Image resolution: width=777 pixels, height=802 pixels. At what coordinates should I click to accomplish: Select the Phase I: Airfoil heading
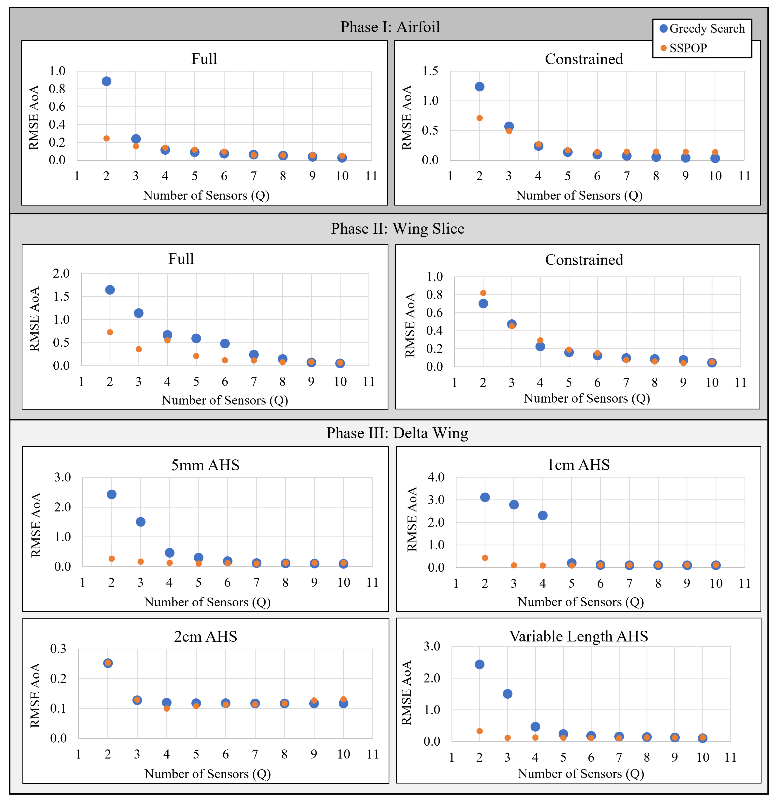tap(390, 27)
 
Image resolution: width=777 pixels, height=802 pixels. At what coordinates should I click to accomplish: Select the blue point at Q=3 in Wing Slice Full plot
tap(138, 313)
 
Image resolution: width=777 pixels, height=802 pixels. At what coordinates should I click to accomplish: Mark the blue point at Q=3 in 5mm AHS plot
tap(141, 522)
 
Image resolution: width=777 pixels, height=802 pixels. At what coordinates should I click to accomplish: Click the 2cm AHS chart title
tap(205, 637)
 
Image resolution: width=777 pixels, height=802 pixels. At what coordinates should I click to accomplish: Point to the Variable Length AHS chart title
tap(578, 636)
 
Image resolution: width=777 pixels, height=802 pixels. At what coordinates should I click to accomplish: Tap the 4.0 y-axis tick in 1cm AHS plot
tap(436, 477)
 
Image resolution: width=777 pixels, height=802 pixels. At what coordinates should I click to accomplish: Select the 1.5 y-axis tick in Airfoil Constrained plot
tap(430, 71)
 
